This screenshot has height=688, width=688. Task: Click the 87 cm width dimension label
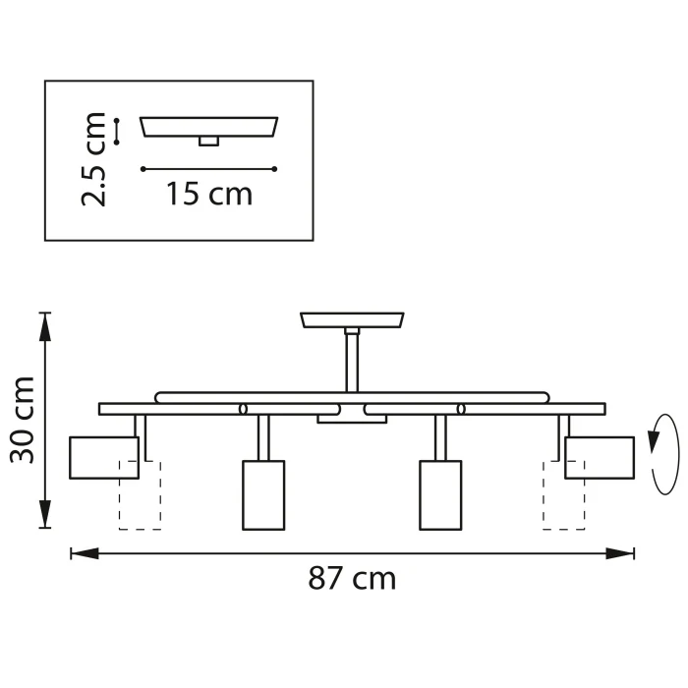pyautogui.click(x=352, y=578)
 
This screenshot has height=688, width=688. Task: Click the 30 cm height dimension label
pyautogui.click(x=22, y=419)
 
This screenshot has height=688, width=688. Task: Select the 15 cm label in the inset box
pyautogui.click(x=208, y=194)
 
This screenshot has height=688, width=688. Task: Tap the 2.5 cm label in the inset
pyautogui.click(x=94, y=159)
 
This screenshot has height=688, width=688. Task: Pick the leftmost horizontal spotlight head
pyautogui.click(x=103, y=457)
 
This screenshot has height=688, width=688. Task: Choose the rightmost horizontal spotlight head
pyautogui.click(x=600, y=457)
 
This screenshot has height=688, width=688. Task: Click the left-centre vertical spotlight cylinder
pyautogui.click(x=263, y=494)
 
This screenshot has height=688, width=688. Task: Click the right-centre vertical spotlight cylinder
pyautogui.click(x=440, y=494)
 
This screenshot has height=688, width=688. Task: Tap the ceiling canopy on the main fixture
pyautogui.click(x=352, y=320)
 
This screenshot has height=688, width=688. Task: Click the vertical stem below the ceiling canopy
pyautogui.click(x=352, y=362)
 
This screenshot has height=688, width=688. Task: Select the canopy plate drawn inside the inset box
pyautogui.click(x=208, y=127)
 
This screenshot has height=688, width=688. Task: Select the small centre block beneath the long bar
pyautogui.click(x=352, y=419)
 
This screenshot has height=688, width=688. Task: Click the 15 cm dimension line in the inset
pyautogui.click(x=208, y=169)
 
